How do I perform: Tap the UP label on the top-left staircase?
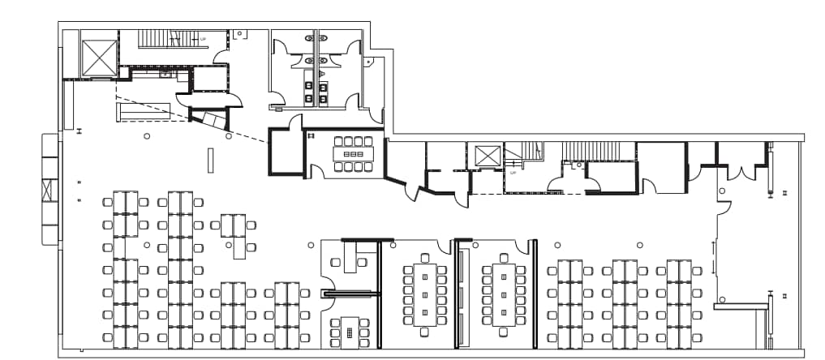(203, 38)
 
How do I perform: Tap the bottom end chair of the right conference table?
(504, 331)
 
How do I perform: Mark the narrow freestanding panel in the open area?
(210, 160)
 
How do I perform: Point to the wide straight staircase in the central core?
(598, 151)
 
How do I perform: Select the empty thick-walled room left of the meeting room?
(285, 152)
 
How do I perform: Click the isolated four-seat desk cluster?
(234, 234)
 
